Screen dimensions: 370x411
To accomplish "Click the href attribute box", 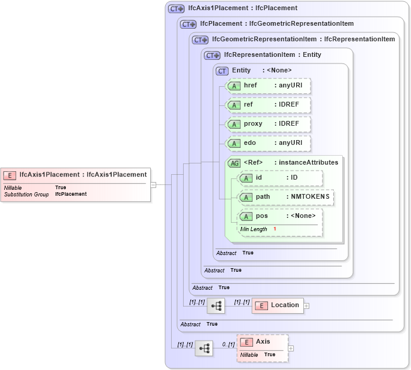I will tap(269, 86).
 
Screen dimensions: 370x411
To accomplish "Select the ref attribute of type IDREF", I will tap(269, 105).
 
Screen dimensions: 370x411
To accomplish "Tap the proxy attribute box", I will tap(269, 124).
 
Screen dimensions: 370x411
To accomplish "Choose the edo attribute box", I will tap(269, 143).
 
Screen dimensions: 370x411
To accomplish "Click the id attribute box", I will tap(280, 178).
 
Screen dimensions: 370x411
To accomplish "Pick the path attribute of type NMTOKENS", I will tap(285, 197).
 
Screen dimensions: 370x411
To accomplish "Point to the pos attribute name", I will tap(261, 216).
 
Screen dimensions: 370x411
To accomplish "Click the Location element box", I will tap(278, 305).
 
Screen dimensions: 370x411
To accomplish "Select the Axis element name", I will tap(263, 342).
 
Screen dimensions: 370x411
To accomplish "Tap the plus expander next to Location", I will tap(307, 305).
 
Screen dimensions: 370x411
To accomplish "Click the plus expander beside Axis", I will tap(291, 348).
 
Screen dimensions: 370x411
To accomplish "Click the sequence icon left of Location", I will tap(215, 305).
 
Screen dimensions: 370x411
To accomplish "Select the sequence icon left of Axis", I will tap(203, 348).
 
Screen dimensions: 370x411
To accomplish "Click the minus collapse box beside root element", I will tap(154, 185).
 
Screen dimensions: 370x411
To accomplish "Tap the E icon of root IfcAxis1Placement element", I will tap(10, 175).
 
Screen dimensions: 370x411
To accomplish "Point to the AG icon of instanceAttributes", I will tap(235, 163).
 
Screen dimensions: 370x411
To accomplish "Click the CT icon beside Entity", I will tap(222, 71).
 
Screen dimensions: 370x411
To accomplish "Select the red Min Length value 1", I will tap(275, 229).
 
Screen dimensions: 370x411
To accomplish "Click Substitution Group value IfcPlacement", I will tap(71, 195).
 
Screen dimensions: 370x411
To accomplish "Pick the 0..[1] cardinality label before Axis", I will tap(228, 344).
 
